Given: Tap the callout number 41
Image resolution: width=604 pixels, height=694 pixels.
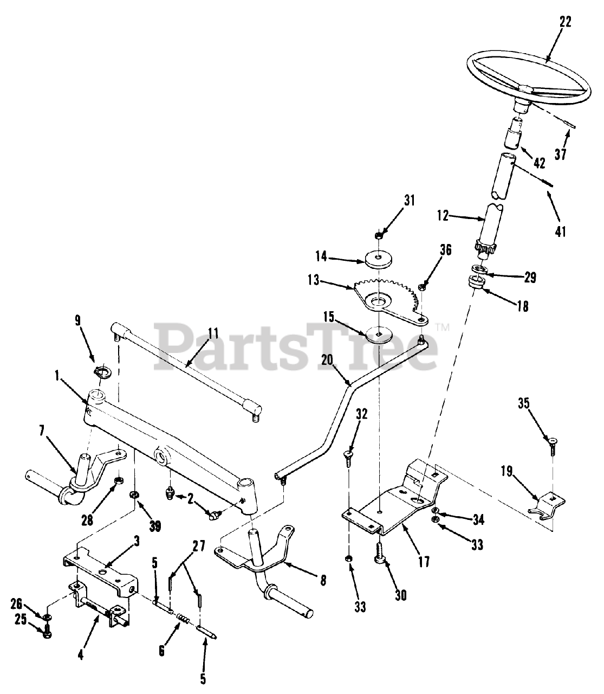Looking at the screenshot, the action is pos(560,232).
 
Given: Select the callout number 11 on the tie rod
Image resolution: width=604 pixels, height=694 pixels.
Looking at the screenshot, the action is pos(213,333).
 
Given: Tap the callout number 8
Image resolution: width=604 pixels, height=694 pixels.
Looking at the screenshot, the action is pos(323,580).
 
